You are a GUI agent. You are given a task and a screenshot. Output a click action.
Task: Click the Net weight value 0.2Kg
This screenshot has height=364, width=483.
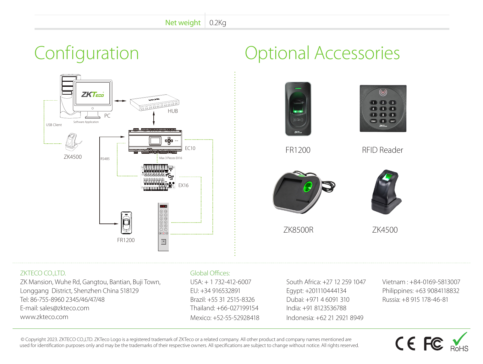tap(217, 23)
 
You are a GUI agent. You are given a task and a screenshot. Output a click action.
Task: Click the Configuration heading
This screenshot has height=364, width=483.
tap(86, 53)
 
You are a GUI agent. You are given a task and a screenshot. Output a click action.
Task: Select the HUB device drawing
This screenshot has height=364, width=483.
tap(154, 102)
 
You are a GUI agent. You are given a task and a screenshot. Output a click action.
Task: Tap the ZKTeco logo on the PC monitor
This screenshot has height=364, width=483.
tap(92, 94)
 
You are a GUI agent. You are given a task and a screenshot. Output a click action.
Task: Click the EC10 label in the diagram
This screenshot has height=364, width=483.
tap(190, 148)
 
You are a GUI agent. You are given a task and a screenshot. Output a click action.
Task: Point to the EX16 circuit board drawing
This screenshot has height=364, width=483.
tap(158, 177)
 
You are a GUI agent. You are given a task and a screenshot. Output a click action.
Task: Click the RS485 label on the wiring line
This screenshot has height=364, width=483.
tap(105, 159)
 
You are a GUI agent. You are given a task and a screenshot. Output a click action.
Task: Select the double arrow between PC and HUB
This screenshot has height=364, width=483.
tap(120, 101)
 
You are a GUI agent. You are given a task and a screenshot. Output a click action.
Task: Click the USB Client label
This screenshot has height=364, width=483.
tap(54, 125)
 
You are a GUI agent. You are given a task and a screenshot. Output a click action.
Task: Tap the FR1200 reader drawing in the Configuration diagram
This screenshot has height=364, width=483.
tap(126, 223)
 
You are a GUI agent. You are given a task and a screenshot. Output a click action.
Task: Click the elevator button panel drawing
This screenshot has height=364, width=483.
tap(163, 227)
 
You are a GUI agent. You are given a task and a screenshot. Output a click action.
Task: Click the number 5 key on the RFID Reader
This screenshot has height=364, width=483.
tap(383, 109)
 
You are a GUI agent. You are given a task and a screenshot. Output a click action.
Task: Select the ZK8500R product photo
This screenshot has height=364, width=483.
tap(303, 192)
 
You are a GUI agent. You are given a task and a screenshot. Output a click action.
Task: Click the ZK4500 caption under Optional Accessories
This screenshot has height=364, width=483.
tap(385, 230)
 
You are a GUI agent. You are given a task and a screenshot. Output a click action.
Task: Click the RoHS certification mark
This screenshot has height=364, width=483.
tap(459, 342)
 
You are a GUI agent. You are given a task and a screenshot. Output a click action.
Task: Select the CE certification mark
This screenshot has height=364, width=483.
tap(405, 344)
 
